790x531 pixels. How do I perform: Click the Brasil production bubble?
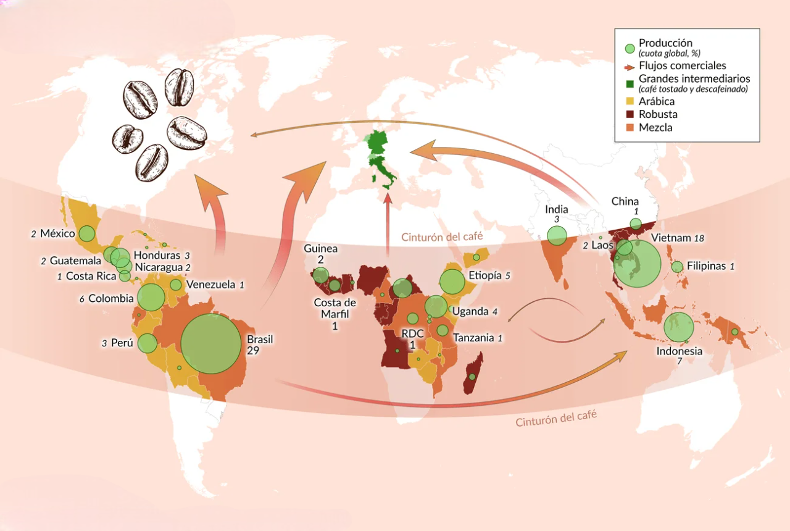click(210, 343)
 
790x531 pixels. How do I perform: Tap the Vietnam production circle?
click(638, 264)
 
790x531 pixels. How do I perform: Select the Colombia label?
click(110, 298)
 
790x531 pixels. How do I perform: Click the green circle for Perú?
click(147, 343)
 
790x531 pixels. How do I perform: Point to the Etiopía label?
click(485, 275)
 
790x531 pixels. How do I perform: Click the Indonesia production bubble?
click(680, 327)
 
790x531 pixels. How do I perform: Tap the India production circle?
click(557, 235)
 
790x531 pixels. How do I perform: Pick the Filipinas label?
click(705, 266)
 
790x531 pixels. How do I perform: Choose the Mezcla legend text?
click(655, 128)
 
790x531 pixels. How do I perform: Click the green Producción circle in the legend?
click(630, 48)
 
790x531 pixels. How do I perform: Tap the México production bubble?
click(87, 234)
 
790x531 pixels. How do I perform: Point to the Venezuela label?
click(211, 285)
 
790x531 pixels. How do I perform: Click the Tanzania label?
click(473, 338)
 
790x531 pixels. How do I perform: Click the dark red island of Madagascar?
click(472, 372)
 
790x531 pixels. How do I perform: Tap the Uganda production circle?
click(436, 306)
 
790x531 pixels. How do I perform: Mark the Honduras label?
click(157, 255)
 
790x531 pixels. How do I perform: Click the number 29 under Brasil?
click(253, 350)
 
